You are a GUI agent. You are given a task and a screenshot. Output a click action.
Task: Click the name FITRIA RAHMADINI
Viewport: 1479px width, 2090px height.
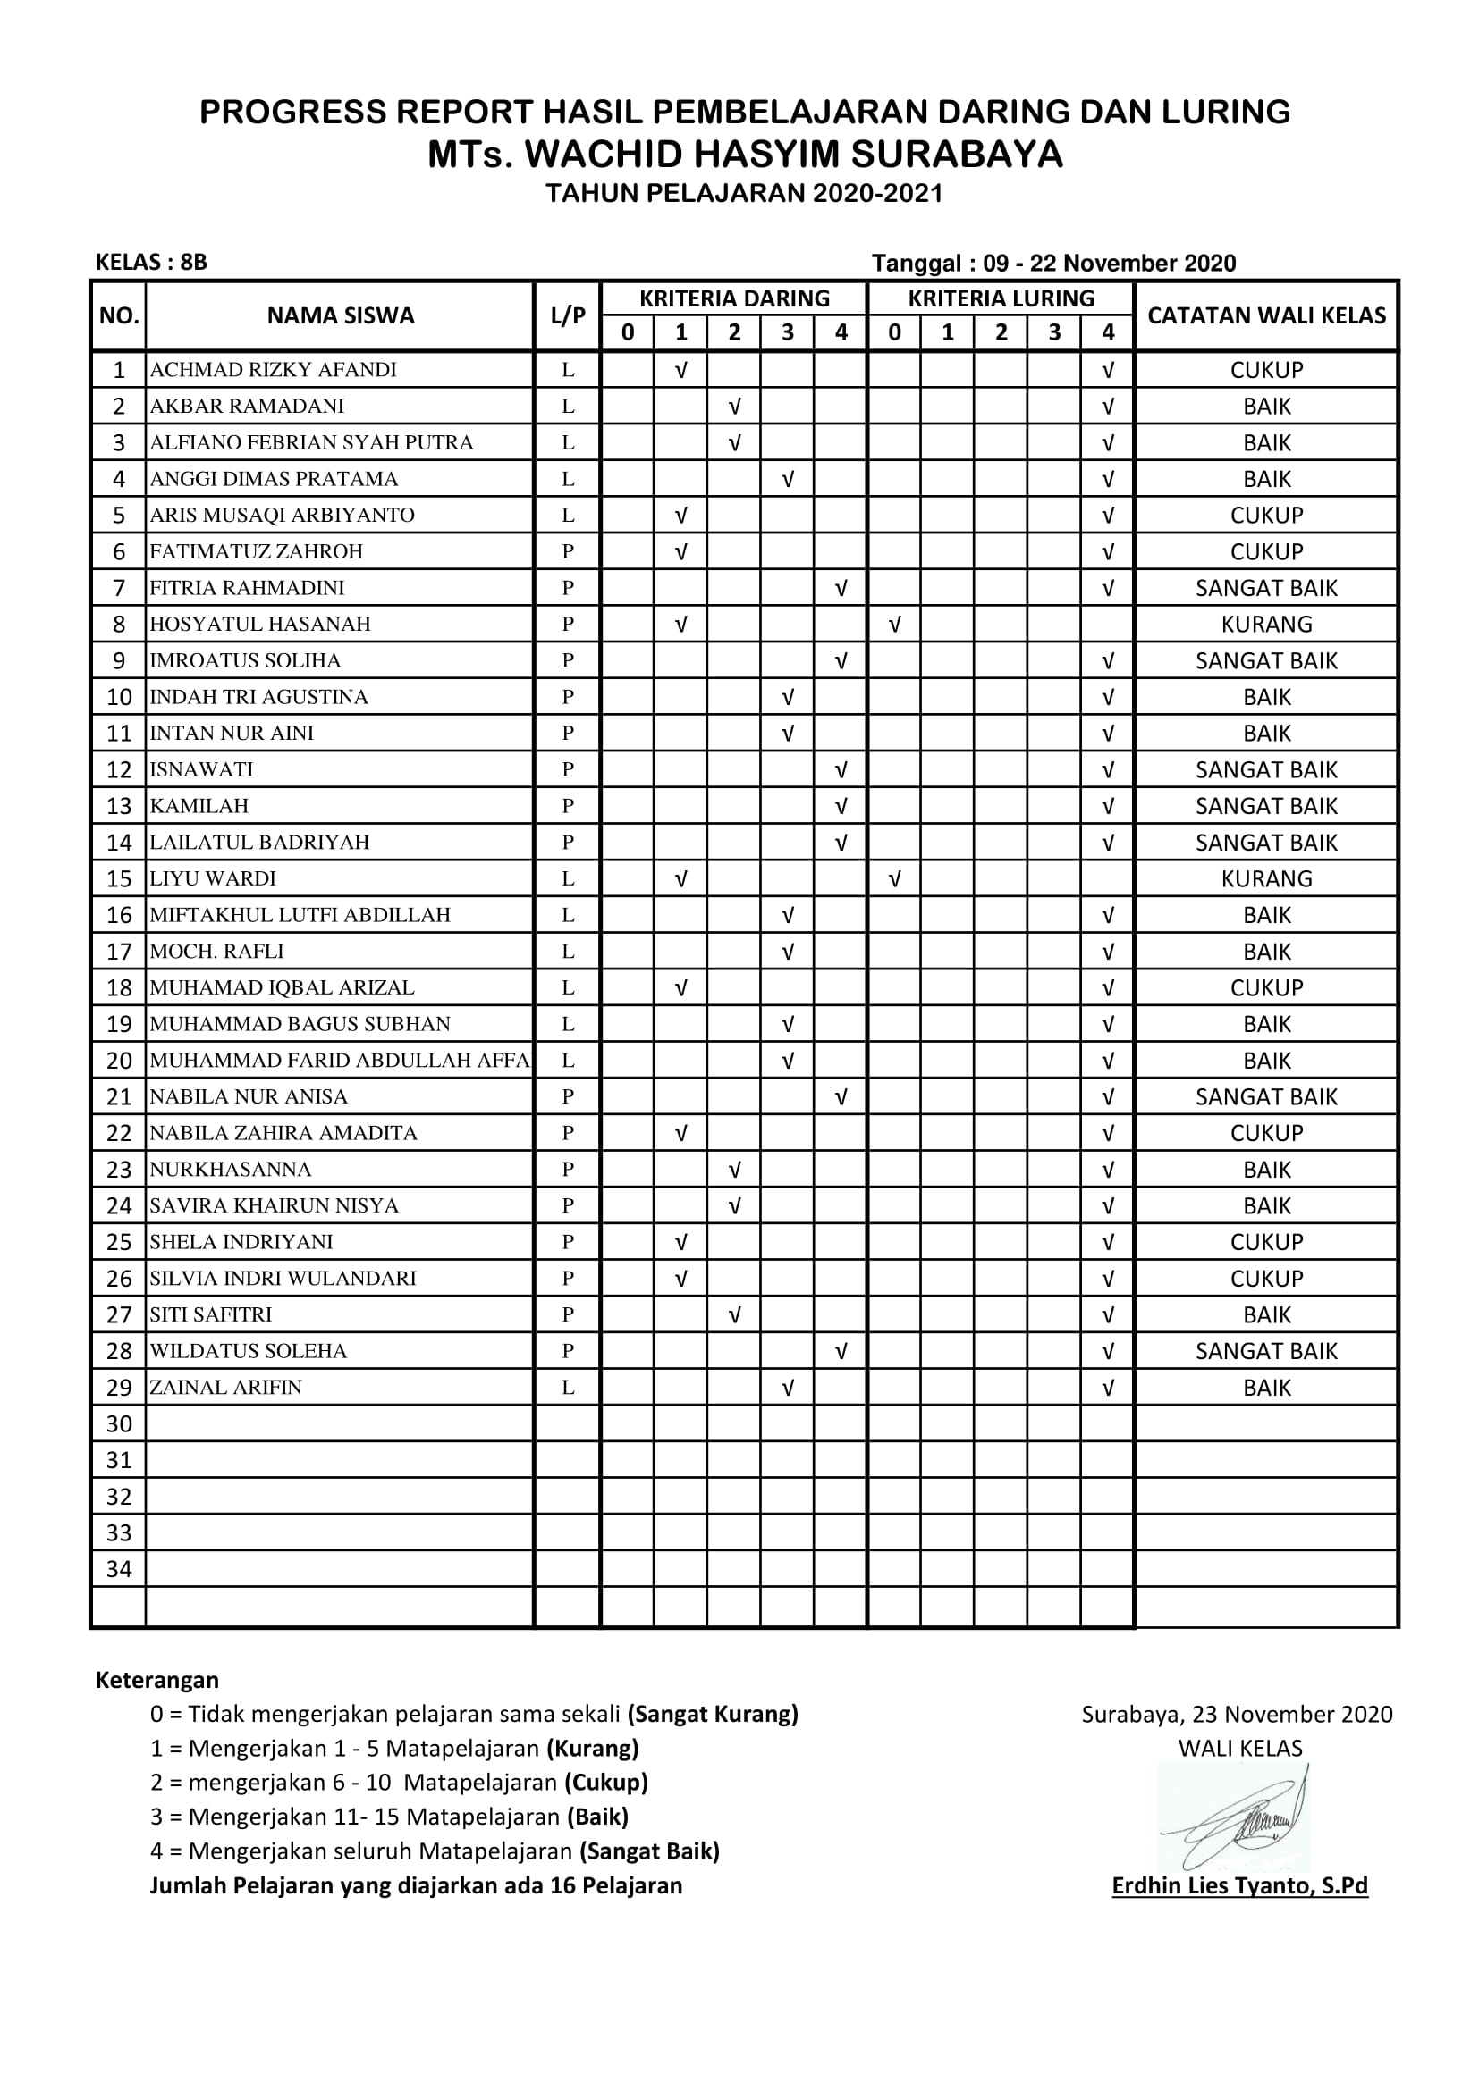coord(247,588)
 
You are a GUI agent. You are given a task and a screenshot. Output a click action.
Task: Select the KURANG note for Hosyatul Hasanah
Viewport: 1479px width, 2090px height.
coord(1266,625)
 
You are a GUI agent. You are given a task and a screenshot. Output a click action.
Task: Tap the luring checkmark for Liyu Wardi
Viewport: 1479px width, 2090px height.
coord(894,878)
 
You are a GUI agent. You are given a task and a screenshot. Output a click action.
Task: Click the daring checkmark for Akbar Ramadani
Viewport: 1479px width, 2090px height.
coord(734,406)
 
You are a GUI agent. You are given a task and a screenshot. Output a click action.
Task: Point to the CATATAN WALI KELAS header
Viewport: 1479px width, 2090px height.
coord(1266,315)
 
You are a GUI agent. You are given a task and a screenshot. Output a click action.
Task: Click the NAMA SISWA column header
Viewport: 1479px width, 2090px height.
coord(340,315)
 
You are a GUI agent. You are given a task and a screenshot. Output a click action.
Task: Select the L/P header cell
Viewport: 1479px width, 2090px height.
coord(568,315)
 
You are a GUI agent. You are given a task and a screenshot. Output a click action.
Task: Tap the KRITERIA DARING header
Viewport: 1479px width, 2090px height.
coord(734,298)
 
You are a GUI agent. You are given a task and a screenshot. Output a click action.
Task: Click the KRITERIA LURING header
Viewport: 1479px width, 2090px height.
coord(1001,298)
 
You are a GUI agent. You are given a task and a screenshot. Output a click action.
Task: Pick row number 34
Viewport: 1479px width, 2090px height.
coord(118,1568)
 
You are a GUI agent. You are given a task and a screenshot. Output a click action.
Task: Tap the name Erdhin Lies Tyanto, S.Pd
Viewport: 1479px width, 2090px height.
coord(1239,1885)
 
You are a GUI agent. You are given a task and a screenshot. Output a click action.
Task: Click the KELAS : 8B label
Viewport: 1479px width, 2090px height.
coord(151,262)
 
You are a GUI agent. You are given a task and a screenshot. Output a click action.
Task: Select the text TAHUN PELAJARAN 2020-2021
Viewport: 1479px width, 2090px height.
coord(744,193)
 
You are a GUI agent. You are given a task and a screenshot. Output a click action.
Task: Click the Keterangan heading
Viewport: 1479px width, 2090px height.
coord(156,1680)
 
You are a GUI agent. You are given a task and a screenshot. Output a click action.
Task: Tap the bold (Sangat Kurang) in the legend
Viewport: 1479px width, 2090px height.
coord(712,1714)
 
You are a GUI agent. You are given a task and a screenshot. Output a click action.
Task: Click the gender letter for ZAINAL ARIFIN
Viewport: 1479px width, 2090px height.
coord(568,1388)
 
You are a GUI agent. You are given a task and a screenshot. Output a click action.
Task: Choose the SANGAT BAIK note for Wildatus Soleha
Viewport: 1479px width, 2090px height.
coord(1266,1351)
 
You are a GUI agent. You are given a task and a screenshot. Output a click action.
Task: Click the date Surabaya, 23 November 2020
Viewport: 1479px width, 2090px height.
coord(1237,1714)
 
